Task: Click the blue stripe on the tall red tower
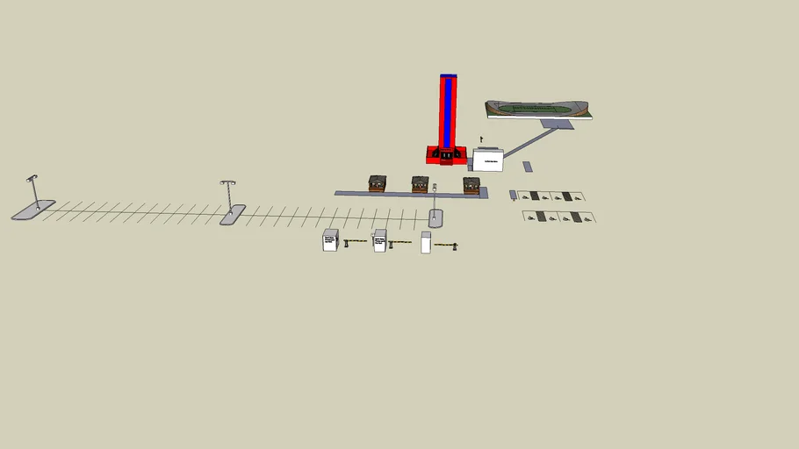tap(449, 112)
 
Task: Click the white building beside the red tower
tap(488, 160)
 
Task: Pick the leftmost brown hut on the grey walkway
tap(378, 183)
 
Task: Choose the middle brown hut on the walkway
tap(421, 184)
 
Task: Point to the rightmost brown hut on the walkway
tap(471, 185)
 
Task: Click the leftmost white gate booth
tap(330, 240)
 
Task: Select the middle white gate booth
tap(379, 240)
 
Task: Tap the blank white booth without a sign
tap(426, 243)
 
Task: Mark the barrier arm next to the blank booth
tap(445, 245)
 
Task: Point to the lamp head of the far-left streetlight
tap(32, 178)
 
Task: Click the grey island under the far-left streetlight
tap(33, 210)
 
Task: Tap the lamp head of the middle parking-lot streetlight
tap(228, 183)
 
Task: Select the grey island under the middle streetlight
tap(233, 215)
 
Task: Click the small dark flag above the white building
tap(481, 139)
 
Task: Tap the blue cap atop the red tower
tap(449, 76)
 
